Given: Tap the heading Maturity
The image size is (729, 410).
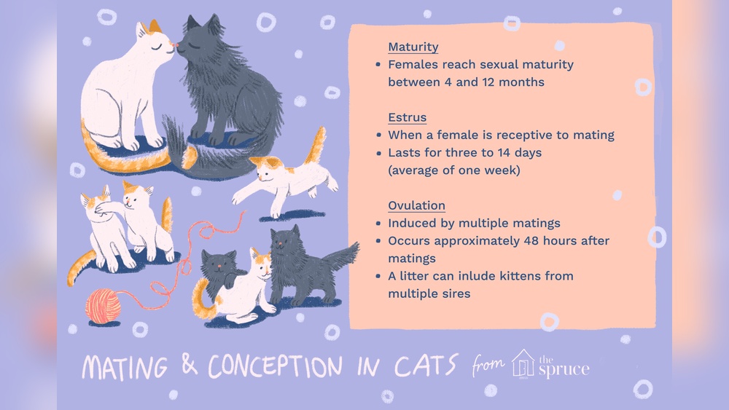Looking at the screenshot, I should pos(413,47).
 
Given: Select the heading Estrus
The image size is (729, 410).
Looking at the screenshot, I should pos(407,117).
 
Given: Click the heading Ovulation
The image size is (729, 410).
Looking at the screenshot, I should pos(416,205).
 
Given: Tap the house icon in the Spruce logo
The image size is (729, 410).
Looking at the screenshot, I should pos(523,364).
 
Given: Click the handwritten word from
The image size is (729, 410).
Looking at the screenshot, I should pos(488,364).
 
